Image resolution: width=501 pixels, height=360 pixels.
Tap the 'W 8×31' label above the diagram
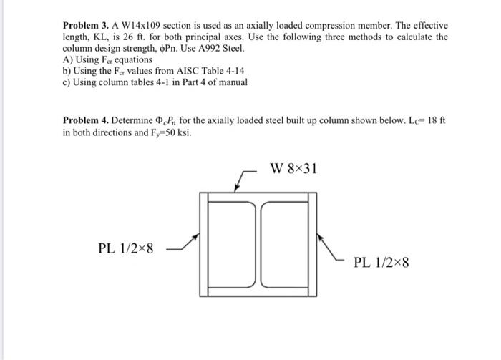(293, 169)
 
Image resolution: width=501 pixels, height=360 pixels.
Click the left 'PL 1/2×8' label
(125, 248)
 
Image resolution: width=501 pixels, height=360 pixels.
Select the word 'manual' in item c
(232, 82)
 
